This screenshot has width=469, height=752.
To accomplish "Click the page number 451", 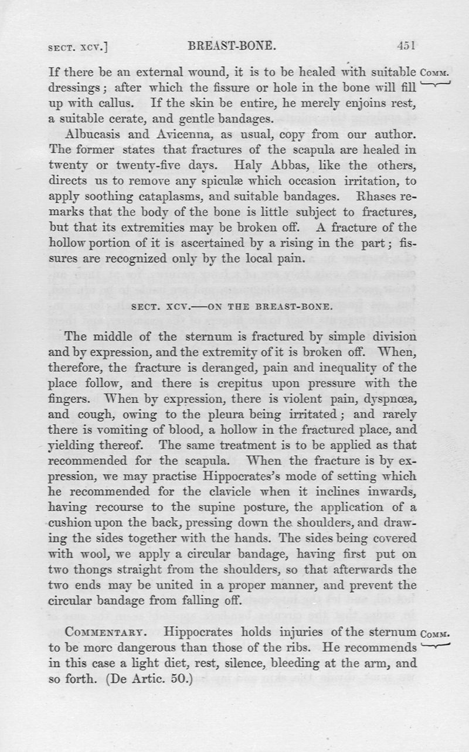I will coord(406,46).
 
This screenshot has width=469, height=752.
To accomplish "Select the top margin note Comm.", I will coord(434,74).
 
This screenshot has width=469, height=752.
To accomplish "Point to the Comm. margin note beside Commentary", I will coord(434,633).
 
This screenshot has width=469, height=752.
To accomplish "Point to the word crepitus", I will coord(245,384).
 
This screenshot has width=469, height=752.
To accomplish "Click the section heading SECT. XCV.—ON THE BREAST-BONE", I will coord(234,306).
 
